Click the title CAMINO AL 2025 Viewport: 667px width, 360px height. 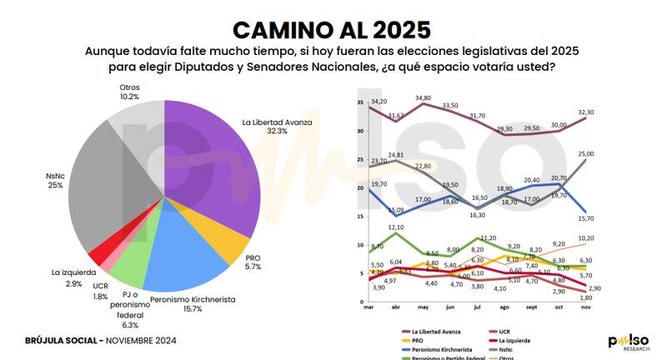[332, 29]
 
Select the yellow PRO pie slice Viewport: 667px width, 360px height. [224, 247]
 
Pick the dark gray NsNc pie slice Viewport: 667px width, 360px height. [117, 183]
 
